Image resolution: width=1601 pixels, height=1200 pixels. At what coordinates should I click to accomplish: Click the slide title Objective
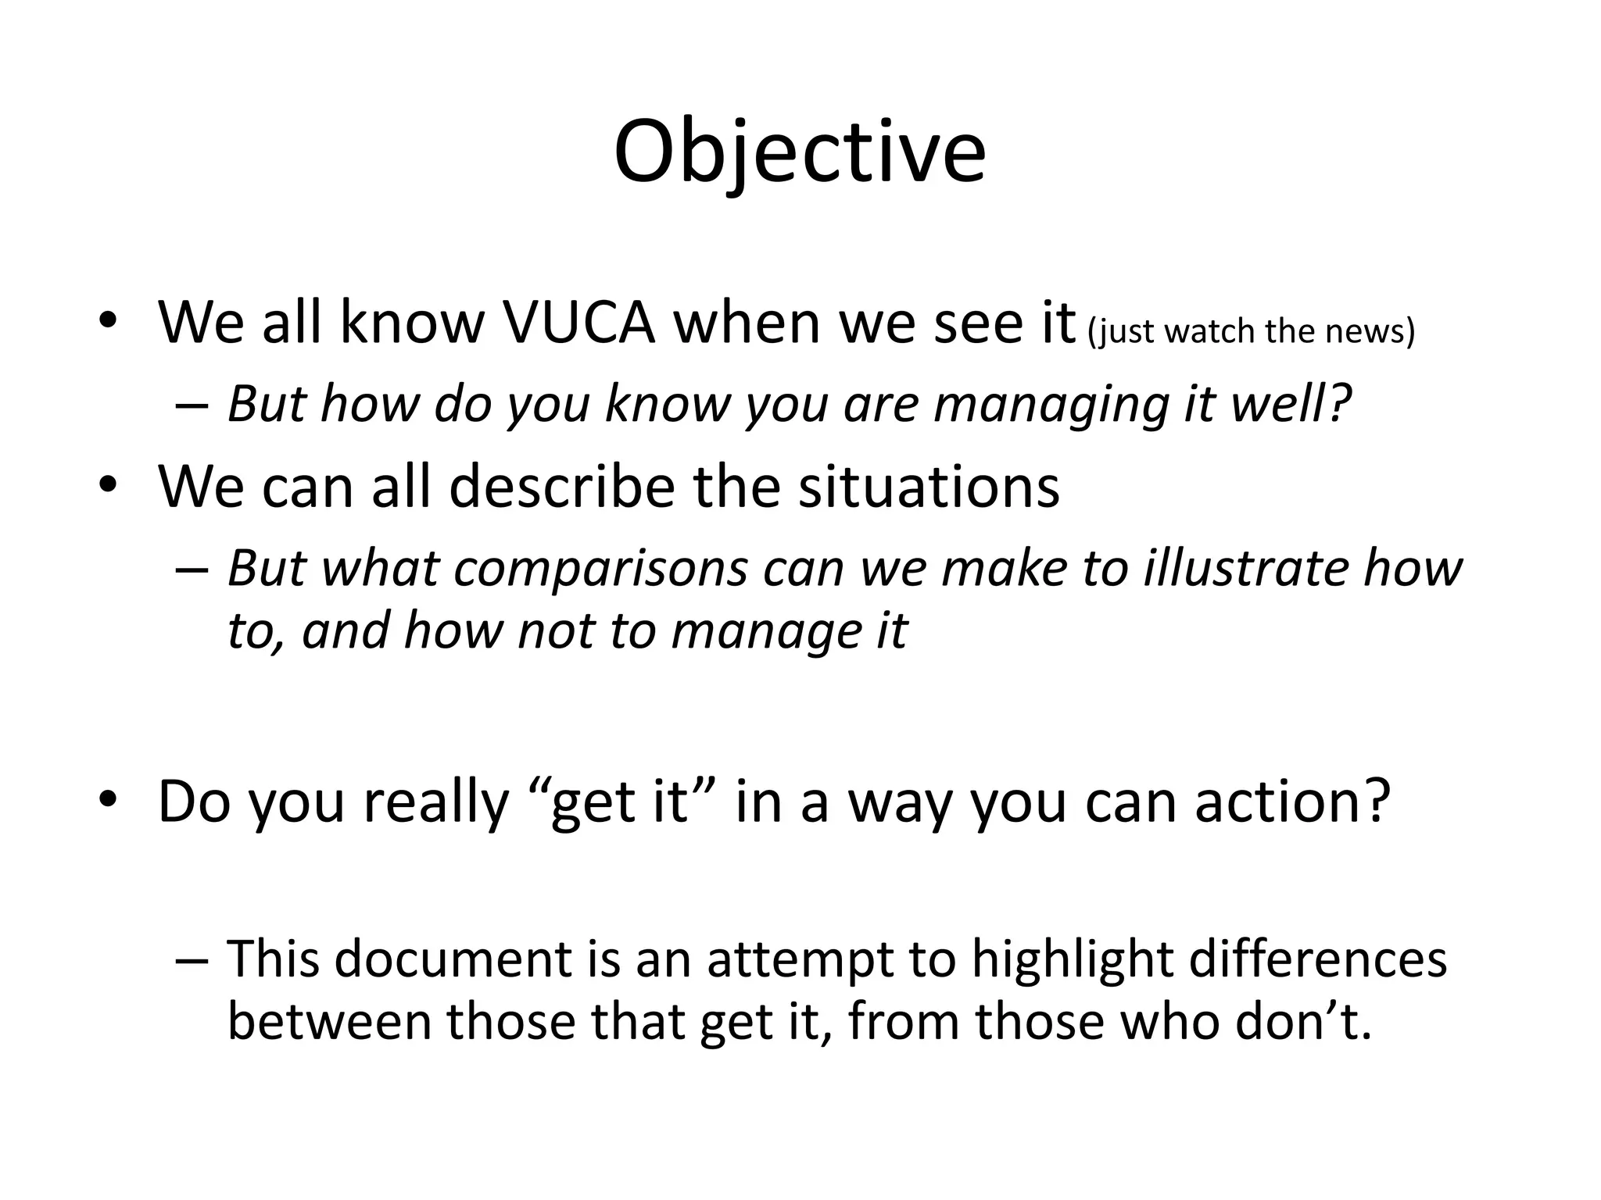coord(799,153)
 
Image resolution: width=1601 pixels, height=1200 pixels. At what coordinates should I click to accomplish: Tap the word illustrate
coord(1246,568)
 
